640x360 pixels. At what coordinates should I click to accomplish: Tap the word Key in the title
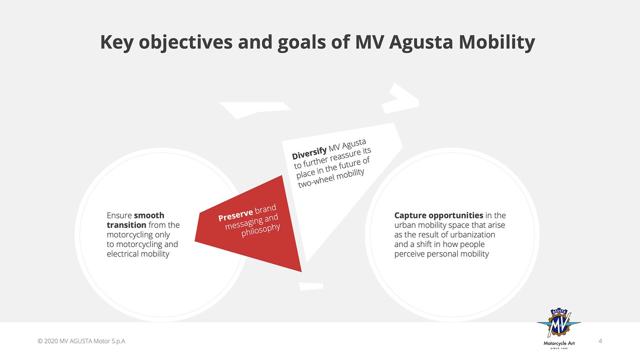tap(117, 42)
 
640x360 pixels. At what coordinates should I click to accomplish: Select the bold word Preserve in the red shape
tap(235, 215)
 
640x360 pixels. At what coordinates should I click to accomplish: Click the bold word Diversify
tap(309, 153)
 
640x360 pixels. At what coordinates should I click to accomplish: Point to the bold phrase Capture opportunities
tap(439, 215)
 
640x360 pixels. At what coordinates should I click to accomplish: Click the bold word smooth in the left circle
tap(149, 215)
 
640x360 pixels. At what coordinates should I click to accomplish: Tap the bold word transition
tap(127, 225)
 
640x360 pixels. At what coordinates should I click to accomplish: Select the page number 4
tap(600, 341)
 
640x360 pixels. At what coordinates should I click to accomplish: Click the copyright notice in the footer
tap(82, 341)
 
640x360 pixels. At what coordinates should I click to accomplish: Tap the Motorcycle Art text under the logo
tap(559, 343)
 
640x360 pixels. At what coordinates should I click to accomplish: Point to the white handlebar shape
tap(401, 98)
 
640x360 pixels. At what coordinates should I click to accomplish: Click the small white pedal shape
tap(311, 286)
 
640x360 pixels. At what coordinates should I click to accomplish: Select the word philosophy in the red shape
tap(260, 230)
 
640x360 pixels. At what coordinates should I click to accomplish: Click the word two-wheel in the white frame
tap(316, 181)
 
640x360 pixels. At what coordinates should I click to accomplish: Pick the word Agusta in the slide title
tap(421, 42)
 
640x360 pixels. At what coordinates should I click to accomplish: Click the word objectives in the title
tap(186, 42)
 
